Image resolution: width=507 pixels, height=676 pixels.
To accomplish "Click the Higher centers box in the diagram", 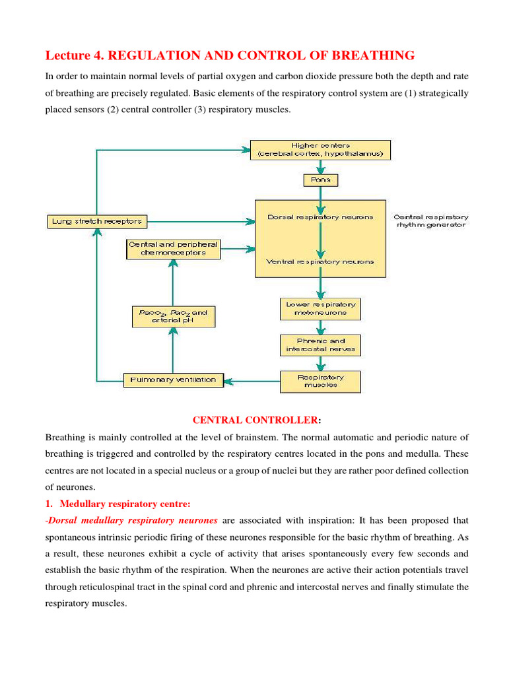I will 320,149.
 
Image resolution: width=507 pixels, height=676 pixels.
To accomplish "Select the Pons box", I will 320,179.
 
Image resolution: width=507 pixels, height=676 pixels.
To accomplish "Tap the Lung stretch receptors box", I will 96,221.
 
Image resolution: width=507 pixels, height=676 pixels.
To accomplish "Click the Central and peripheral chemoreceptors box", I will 172,248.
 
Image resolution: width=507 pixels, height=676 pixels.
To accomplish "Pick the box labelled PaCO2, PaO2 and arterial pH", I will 172,316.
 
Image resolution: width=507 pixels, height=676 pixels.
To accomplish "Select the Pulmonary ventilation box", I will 173,380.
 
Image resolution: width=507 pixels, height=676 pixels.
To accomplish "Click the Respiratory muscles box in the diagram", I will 321,381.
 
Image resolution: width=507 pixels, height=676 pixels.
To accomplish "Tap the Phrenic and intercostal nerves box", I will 321,345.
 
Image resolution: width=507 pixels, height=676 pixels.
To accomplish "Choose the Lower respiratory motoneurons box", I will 321,308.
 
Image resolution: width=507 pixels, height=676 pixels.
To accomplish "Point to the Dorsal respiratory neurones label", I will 320,217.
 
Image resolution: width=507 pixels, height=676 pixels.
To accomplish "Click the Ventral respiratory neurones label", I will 320,261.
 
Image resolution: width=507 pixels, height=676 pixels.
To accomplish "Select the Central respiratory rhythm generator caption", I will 430,220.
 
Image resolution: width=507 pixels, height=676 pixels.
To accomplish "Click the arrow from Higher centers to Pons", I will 320,166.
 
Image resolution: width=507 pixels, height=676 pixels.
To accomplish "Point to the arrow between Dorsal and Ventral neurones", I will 320,240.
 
